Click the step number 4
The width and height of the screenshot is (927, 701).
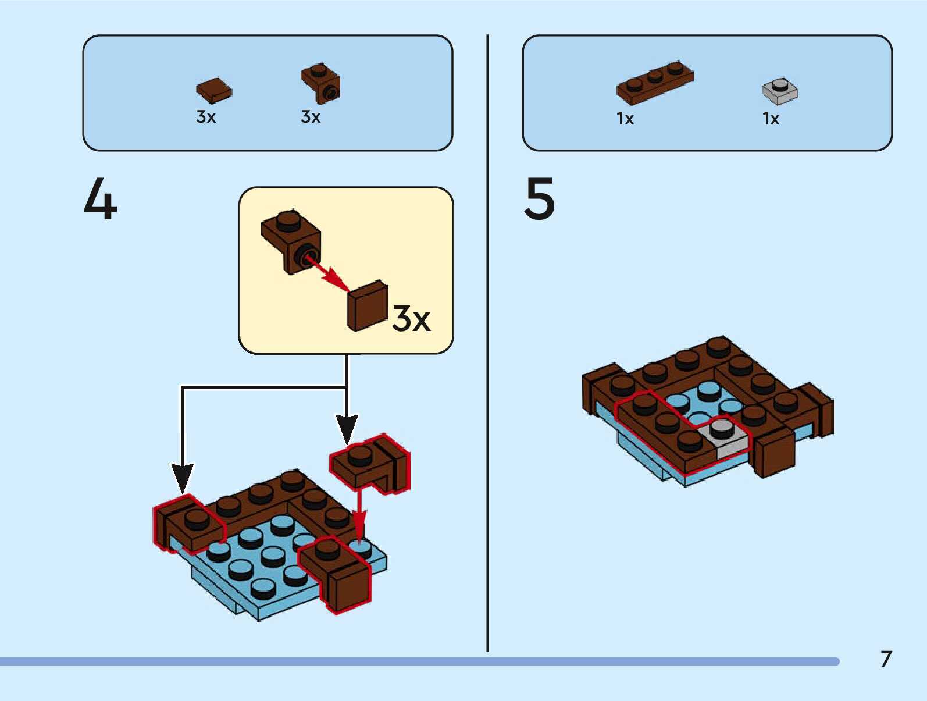pyautogui.click(x=100, y=198)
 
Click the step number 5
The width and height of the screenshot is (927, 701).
pyautogui.click(x=539, y=198)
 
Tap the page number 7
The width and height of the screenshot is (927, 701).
pyautogui.click(x=886, y=659)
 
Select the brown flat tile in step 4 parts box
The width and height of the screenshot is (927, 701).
pyautogui.click(x=213, y=90)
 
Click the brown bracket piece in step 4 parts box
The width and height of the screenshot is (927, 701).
pyautogui.click(x=320, y=84)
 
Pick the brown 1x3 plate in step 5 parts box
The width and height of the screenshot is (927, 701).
pyautogui.click(x=655, y=83)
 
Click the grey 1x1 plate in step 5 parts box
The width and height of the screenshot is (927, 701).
pyautogui.click(x=780, y=91)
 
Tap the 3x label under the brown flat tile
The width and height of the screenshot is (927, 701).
pyautogui.click(x=206, y=116)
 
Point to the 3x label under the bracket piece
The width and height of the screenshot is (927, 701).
pyautogui.click(x=311, y=116)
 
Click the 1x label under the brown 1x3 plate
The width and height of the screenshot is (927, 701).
pyautogui.click(x=625, y=119)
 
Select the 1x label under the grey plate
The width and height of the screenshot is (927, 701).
pyautogui.click(x=771, y=119)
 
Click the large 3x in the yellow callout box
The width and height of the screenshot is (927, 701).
pyautogui.click(x=411, y=318)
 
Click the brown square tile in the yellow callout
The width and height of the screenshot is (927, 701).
pyautogui.click(x=368, y=305)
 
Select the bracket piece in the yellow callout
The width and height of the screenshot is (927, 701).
pyautogui.click(x=291, y=241)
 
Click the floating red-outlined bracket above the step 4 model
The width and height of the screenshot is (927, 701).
pyautogui.click(x=370, y=464)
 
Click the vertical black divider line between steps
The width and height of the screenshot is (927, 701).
pyautogui.click(x=488, y=343)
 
